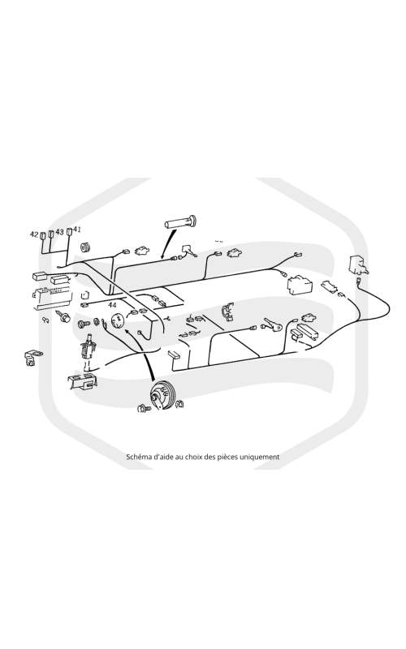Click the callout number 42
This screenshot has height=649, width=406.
[34, 234]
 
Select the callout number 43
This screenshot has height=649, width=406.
[59, 232]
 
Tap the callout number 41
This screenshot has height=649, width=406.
[77, 229]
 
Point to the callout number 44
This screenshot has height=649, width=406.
[112, 305]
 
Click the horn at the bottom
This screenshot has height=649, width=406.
[160, 396]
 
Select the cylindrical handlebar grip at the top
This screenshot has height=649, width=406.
[180, 223]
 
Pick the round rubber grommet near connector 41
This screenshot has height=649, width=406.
[87, 247]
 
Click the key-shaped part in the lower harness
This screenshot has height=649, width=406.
[271, 326]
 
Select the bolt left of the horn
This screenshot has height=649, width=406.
[144, 409]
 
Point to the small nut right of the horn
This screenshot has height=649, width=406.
[180, 403]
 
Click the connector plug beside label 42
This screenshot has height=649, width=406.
[43, 236]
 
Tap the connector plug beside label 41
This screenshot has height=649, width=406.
[70, 230]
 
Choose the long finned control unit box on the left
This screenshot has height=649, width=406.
[52, 299]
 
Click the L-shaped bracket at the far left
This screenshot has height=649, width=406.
[32, 358]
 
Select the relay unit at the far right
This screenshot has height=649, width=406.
[358, 264]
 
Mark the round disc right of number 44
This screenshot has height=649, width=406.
[118, 320]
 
